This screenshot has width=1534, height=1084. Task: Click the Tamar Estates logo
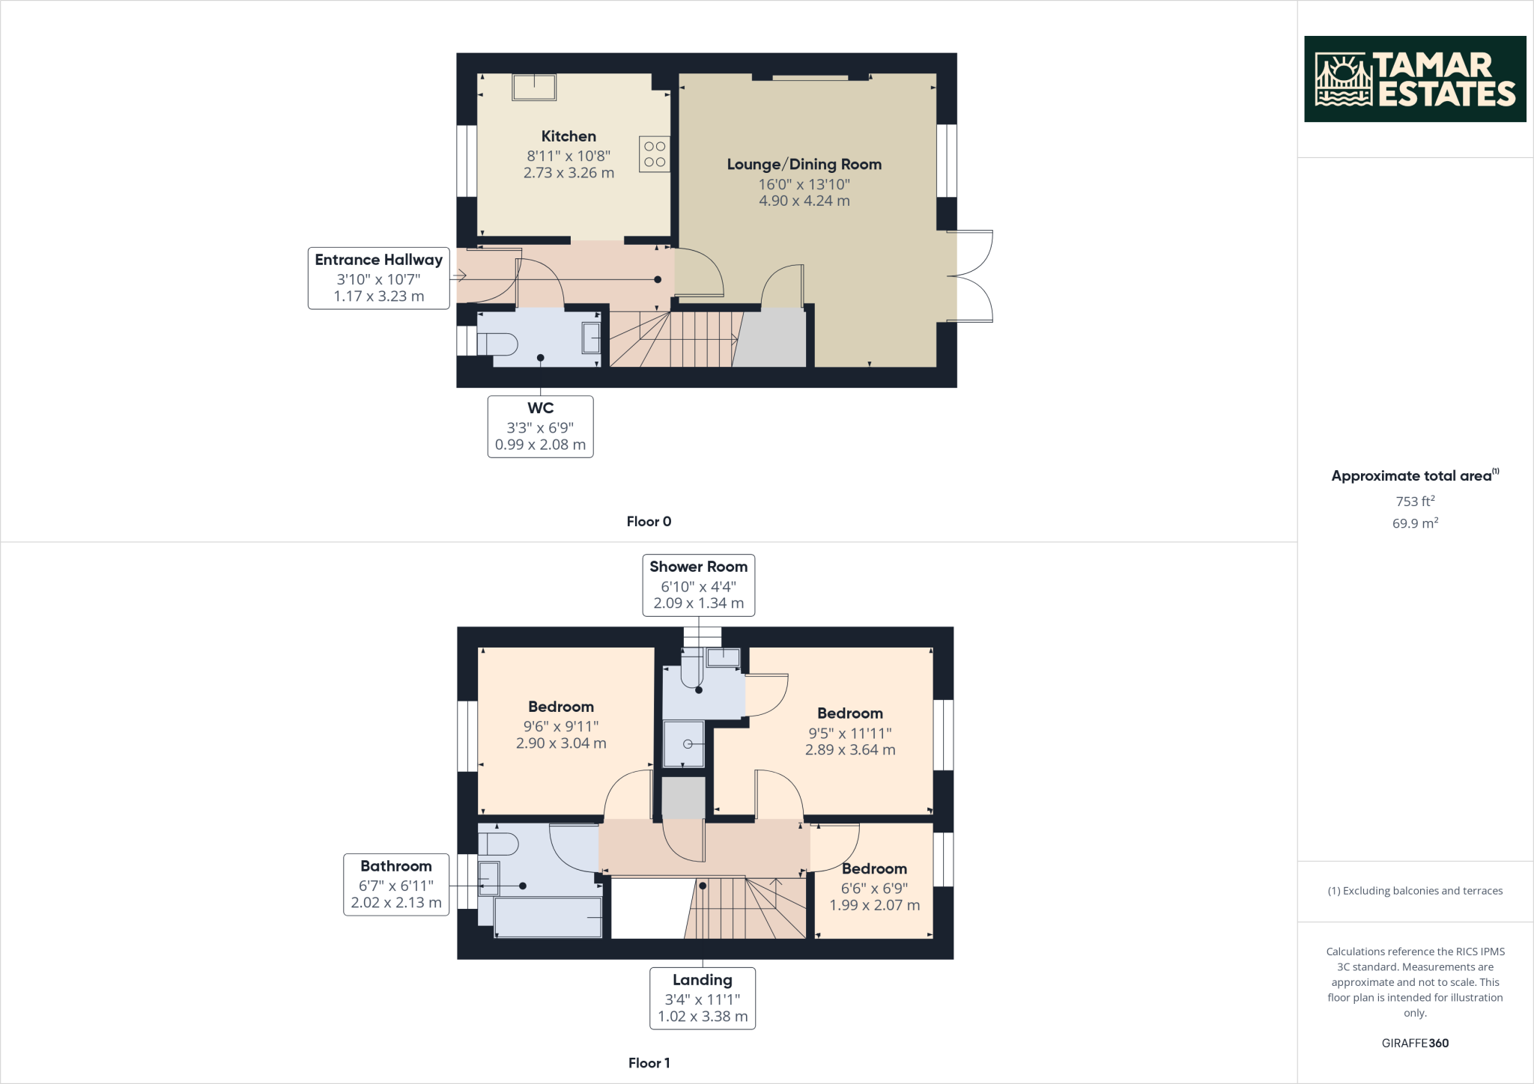(x=1414, y=79)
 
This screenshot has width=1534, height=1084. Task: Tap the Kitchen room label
(x=569, y=136)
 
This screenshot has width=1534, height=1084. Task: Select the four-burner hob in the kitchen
(x=654, y=154)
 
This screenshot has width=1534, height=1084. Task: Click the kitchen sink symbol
(x=534, y=87)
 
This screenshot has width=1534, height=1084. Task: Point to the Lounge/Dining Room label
(x=804, y=165)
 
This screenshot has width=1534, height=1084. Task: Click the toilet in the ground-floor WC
(x=498, y=344)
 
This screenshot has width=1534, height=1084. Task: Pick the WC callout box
(x=540, y=427)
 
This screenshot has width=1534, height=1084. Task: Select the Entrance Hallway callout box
(x=378, y=278)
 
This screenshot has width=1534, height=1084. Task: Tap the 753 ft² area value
(x=1414, y=501)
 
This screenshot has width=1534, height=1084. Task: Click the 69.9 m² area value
(x=1414, y=523)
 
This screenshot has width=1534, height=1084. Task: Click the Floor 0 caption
(x=649, y=522)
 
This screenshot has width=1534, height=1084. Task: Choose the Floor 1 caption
(x=649, y=1063)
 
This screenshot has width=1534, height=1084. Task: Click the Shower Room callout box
(x=698, y=585)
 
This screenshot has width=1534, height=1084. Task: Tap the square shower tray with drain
(x=684, y=743)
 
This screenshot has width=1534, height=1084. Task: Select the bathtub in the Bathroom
(x=548, y=918)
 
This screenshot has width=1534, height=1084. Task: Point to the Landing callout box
(x=702, y=998)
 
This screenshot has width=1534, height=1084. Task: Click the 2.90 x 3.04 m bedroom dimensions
(x=561, y=743)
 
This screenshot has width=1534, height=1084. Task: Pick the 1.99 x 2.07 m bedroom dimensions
(x=874, y=905)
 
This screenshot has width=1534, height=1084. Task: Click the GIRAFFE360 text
(x=1414, y=1043)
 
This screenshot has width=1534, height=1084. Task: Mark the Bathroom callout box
(x=395, y=884)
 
